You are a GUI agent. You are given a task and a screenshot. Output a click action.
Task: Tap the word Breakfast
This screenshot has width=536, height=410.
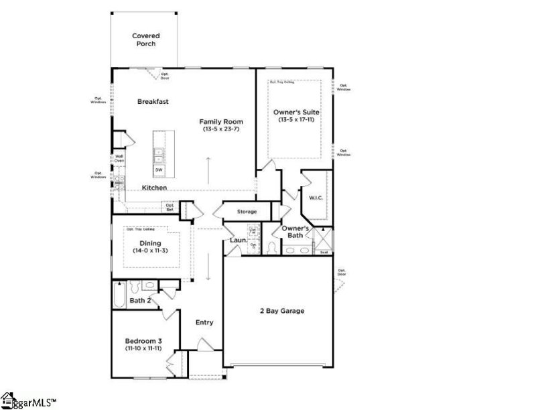coord(153,102)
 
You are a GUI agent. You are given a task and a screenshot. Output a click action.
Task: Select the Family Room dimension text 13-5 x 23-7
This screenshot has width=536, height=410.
coord(220,129)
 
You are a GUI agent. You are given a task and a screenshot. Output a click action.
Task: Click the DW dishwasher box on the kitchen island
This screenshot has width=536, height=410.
coord(159,170)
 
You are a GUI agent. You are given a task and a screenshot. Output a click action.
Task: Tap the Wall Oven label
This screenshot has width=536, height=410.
coord(119,159)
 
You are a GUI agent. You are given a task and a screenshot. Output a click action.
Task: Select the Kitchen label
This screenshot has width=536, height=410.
coord(154,188)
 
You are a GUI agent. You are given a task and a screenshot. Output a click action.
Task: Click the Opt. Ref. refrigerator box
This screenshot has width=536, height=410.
coord(170,208)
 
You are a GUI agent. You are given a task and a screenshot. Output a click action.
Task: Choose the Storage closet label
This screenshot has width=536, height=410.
coord(247,212)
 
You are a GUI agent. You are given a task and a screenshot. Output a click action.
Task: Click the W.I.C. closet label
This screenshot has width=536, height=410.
coord(316,198)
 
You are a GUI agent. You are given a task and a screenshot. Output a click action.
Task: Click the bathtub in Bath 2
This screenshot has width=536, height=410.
coord(119,294)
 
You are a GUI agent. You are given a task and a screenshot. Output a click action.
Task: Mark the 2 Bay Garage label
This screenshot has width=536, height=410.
coord(282,311)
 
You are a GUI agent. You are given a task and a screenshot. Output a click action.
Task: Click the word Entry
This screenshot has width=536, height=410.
coord(204,322)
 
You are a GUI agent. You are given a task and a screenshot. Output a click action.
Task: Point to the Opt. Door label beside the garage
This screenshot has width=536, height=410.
coord(342,273)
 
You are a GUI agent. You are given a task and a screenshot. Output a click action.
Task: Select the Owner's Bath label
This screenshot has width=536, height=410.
coord(295,232)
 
